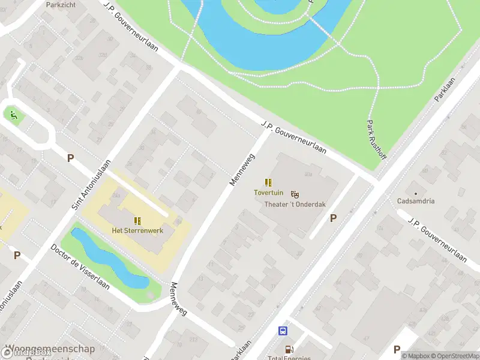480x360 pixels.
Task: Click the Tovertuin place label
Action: click(268, 193)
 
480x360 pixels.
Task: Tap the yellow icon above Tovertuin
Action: click(268, 182)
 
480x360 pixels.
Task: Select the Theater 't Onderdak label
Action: click(295, 204)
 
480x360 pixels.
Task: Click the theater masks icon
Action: click(295, 194)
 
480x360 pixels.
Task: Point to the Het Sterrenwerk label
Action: click(137, 230)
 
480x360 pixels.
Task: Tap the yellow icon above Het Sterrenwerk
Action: click(137, 220)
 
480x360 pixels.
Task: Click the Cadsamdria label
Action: click(416, 200)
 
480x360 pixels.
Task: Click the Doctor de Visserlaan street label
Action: click(80, 266)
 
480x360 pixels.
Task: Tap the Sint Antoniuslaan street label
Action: click(92, 184)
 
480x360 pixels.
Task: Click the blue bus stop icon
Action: click(282, 331)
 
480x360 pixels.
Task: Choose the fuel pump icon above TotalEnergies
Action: click(289, 349)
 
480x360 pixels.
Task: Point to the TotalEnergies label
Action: click(289, 358)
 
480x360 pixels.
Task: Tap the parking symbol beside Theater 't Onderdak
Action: click(333, 218)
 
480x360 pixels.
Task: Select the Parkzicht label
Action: click(61, 4)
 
